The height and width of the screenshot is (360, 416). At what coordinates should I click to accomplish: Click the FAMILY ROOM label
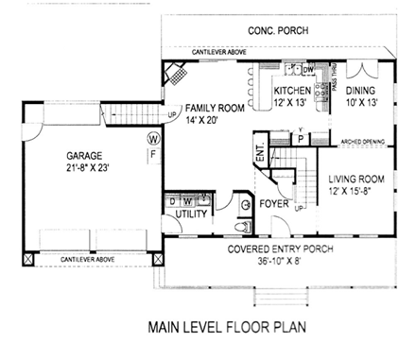(217, 109)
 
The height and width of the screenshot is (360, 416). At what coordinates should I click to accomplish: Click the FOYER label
(274, 202)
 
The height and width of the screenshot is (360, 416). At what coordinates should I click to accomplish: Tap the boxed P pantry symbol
(300, 137)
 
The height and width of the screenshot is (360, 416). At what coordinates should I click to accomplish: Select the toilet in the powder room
(243, 227)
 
